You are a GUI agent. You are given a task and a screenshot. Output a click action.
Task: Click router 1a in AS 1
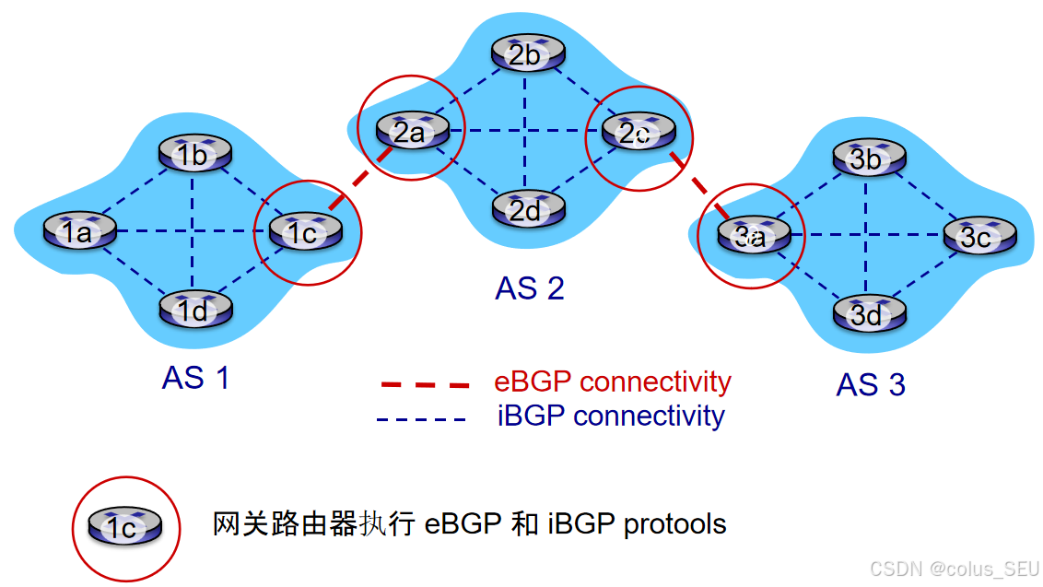(x=78, y=231)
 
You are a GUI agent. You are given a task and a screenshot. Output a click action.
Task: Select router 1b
(x=193, y=154)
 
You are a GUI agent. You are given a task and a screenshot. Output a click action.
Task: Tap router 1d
(x=193, y=311)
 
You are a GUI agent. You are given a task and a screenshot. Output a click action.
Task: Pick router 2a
(x=412, y=132)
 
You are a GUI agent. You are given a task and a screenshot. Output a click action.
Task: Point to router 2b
(x=525, y=54)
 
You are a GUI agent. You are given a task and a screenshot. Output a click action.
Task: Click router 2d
(x=525, y=210)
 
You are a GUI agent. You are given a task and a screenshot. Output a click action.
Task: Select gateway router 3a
(x=753, y=236)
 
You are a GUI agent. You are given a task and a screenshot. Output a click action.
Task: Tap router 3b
(x=866, y=158)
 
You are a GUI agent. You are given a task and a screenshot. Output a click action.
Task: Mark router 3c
(x=979, y=237)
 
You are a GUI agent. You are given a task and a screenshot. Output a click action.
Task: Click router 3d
(x=866, y=314)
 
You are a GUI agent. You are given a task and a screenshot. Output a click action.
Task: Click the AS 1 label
(x=195, y=378)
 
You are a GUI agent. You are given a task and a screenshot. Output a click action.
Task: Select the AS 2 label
(x=529, y=288)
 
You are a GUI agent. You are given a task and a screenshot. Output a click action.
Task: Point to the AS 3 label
(x=871, y=384)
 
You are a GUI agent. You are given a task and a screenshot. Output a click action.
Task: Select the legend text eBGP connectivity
(x=613, y=382)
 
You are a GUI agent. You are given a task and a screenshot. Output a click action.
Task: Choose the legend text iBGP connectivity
(x=611, y=416)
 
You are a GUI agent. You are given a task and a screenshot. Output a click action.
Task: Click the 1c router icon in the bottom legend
(x=124, y=527)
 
